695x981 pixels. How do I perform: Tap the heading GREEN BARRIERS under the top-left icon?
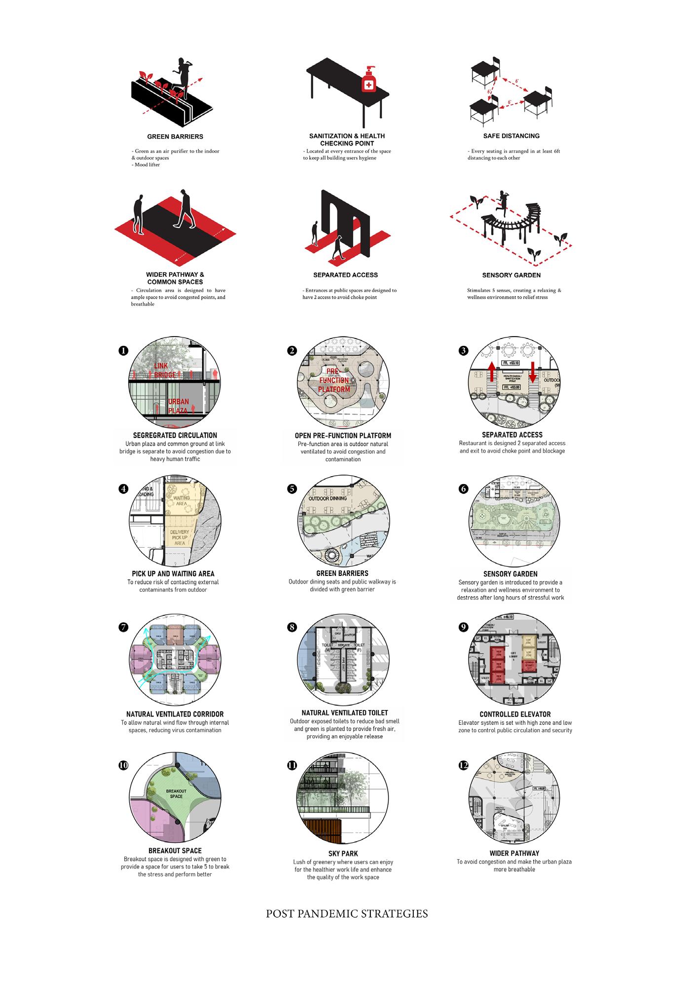[x=175, y=137]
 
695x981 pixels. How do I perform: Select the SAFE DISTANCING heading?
[x=511, y=136]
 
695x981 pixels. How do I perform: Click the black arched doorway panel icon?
[x=345, y=222]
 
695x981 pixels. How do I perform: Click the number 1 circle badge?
[x=123, y=350]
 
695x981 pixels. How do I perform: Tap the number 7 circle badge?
[x=123, y=627]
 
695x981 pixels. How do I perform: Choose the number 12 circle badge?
[x=463, y=765]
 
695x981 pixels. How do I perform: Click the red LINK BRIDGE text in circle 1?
[x=164, y=370]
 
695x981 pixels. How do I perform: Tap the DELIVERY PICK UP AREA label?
[x=180, y=537]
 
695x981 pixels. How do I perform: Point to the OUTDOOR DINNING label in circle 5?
[x=328, y=498]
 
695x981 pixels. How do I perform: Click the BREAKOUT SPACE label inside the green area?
[x=176, y=793]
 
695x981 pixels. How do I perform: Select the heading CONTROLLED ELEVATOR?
[x=515, y=714]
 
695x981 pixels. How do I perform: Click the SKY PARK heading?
[x=343, y=853]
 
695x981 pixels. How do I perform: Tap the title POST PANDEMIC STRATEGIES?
[x=347, y=913]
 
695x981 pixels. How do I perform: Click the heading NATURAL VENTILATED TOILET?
[x=344, y=713]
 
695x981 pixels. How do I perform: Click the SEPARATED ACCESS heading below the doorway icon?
[x=345, y=275]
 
